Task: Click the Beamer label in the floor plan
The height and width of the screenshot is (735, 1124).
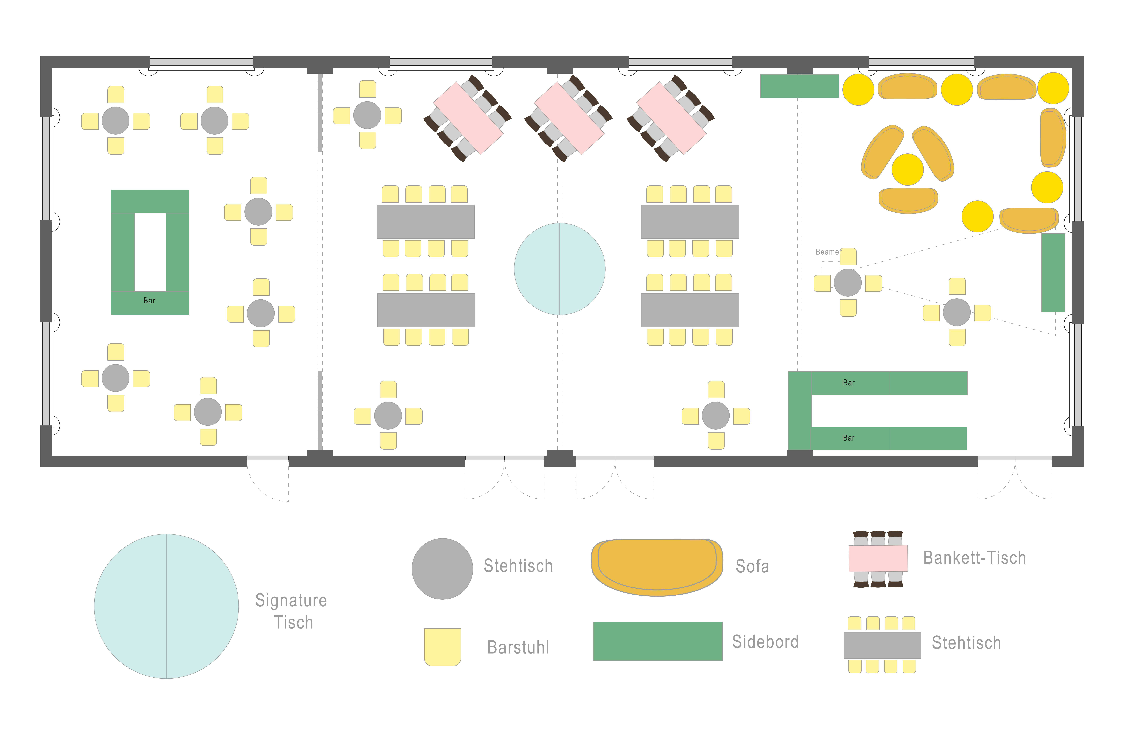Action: coord(827,252)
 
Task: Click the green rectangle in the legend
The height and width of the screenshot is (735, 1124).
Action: coord(657,641)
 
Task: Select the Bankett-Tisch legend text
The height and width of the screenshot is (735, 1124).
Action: coord(974,558)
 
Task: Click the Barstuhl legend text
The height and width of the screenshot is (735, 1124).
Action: coord(518,647)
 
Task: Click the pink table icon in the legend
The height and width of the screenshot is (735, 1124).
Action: coord(878,558)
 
